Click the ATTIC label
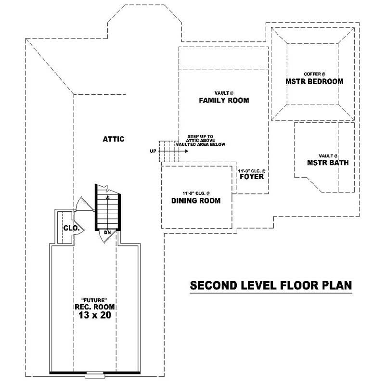[x=114, y=139]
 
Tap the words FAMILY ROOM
[x=224, y=101]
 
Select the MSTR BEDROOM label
[x=314, y=81]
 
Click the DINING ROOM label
[x=196, y=200]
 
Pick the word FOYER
[x=251, y=177]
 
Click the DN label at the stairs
[x=107, y=232]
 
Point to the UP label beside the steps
[x=153, y=151]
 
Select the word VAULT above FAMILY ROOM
[x=222, y=93]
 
